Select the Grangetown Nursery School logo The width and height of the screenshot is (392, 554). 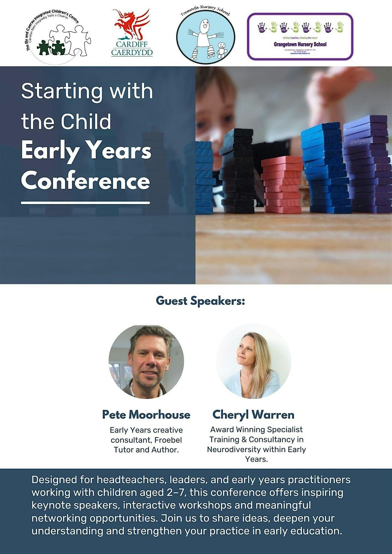(300, 36)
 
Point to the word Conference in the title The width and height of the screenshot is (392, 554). (86, 181)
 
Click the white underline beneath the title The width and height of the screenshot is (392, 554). (86, 203)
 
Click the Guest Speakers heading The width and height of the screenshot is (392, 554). (200, 301)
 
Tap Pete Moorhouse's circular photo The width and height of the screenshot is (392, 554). (146, 361)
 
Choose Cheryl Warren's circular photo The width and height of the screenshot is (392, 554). (253, 361)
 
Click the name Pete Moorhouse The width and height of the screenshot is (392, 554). (146, 415)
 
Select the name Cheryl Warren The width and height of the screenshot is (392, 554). (253, 415)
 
